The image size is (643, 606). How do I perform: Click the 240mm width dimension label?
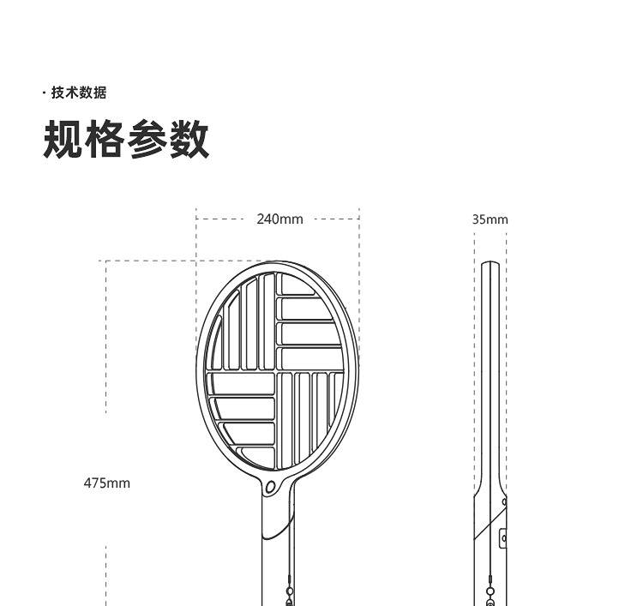point(279,219)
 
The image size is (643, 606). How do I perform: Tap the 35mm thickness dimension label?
point(490,219)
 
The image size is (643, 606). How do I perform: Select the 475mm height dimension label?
point(107,483)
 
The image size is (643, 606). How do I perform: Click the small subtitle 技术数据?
point(79,93)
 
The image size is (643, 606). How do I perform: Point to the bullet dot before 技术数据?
point(45,93)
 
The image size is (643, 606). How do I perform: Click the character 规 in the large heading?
point(63,140)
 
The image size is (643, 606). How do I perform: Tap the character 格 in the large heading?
point(105,140)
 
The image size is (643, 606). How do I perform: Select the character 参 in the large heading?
point(147,140)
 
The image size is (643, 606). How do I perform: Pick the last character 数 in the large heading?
point(189,140)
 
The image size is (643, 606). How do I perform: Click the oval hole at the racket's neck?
point(272,487)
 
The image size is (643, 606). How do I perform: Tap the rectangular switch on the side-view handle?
point(503,538)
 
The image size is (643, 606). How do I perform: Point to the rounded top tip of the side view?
point(490,264)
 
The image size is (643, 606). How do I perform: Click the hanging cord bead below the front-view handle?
point(290,592)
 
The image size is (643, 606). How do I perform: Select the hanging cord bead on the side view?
point(490,592)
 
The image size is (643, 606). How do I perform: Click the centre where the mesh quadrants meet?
point(277,371)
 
